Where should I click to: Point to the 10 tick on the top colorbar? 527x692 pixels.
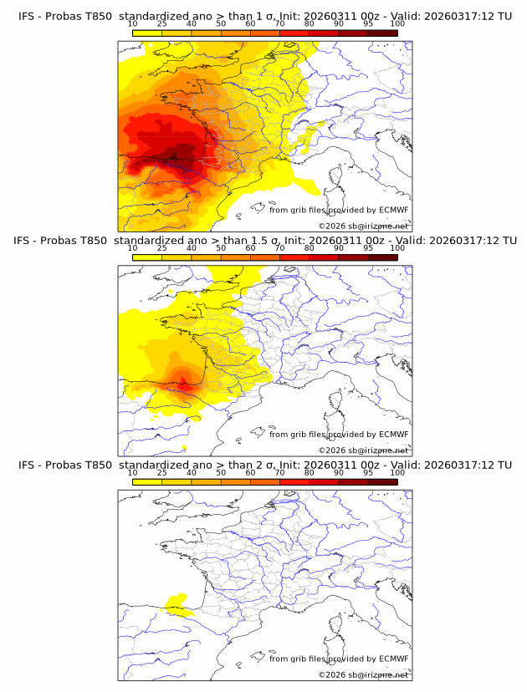point(132,23)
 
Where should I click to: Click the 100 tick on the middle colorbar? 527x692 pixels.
point(397,248)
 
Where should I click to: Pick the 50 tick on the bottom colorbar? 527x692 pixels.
point(221,473)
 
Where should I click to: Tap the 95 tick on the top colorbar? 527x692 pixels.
point(368,23)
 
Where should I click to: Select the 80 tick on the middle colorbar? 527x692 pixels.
point(310,248)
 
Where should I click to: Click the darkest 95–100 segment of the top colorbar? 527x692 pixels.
point(382,32)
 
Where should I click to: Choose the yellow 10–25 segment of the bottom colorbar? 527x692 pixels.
point(146,481)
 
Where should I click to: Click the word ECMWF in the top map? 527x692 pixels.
point(393,210)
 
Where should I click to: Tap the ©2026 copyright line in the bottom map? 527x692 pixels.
point(363,674)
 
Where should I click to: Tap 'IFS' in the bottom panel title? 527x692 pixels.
point(27,465)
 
